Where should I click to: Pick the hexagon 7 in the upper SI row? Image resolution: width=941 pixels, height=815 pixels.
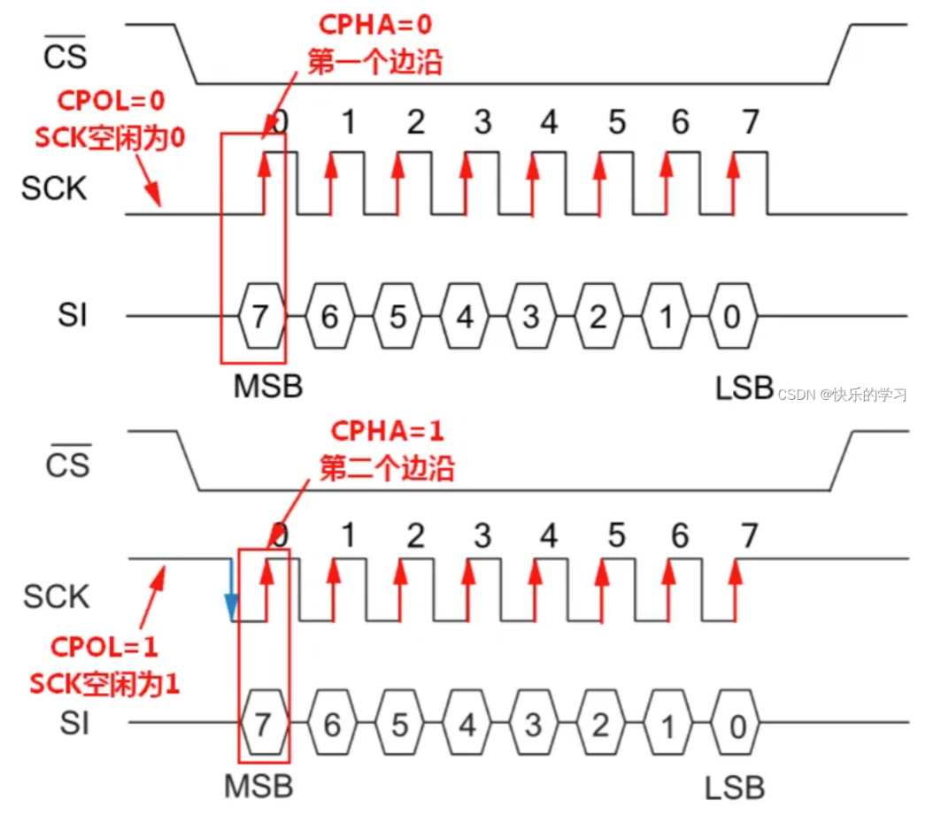[x=260, y=316]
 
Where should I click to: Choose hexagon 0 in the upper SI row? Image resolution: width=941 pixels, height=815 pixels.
[x=732, y=316]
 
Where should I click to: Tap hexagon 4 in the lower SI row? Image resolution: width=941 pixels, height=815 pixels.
[x=467, y=726]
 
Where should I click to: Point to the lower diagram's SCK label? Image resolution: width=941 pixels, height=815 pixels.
[x=57, y=596]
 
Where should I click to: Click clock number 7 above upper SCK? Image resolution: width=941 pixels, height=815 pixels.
[x=750, y=122]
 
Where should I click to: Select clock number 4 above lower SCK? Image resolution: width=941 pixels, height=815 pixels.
[x=549, y=534]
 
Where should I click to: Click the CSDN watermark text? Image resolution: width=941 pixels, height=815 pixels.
[x=842, y=395]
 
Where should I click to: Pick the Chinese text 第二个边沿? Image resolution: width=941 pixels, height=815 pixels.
[x=387, y=468]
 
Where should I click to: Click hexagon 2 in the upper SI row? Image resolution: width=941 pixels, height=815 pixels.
[x=598, y=316]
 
